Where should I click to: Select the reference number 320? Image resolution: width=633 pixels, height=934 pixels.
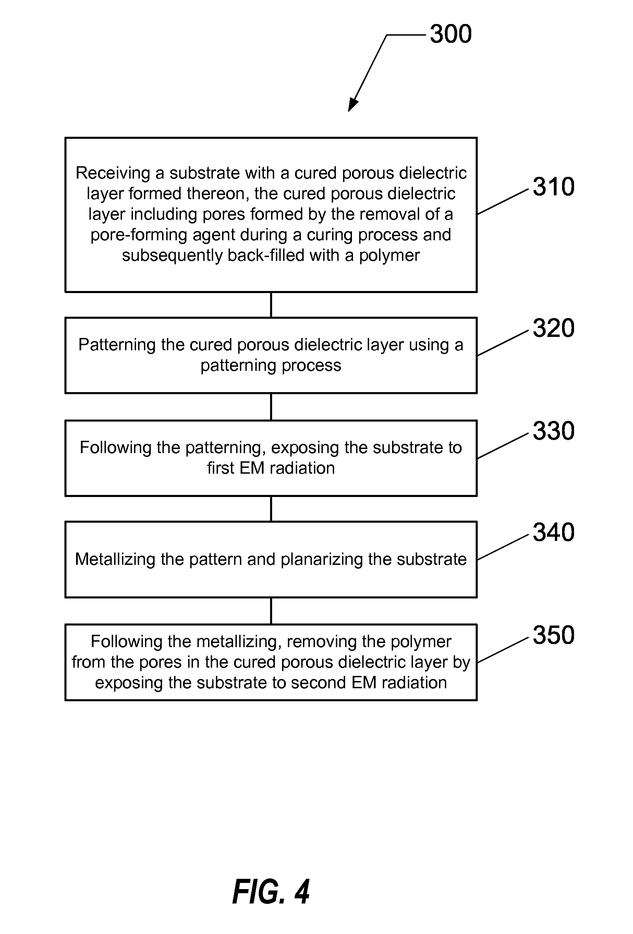553,328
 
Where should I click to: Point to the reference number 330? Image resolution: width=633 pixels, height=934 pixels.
553,431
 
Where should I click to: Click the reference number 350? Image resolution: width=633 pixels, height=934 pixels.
553,635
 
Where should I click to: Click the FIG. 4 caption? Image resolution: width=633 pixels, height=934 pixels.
271,891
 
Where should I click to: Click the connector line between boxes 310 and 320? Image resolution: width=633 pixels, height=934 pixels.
271,305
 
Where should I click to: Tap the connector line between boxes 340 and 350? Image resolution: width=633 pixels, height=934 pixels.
271,610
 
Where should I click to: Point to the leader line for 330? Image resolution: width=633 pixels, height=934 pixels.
502,446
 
